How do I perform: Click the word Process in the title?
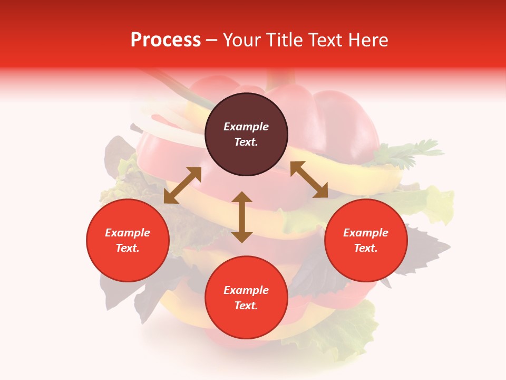[x=166, y=40]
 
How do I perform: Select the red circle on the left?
[x=128, y=241]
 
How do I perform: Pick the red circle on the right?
[x=366, y=241]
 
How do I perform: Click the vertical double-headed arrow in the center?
[x=242, y=217]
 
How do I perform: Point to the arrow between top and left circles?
[x=182, y=185]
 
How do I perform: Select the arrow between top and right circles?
[x=309, y=179]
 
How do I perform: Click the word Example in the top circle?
[x=246, y=127]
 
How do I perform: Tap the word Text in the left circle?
[x=128, y=248]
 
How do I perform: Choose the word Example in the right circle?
[x=366, y=233]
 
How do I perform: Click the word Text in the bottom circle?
[x=246, y=306]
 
